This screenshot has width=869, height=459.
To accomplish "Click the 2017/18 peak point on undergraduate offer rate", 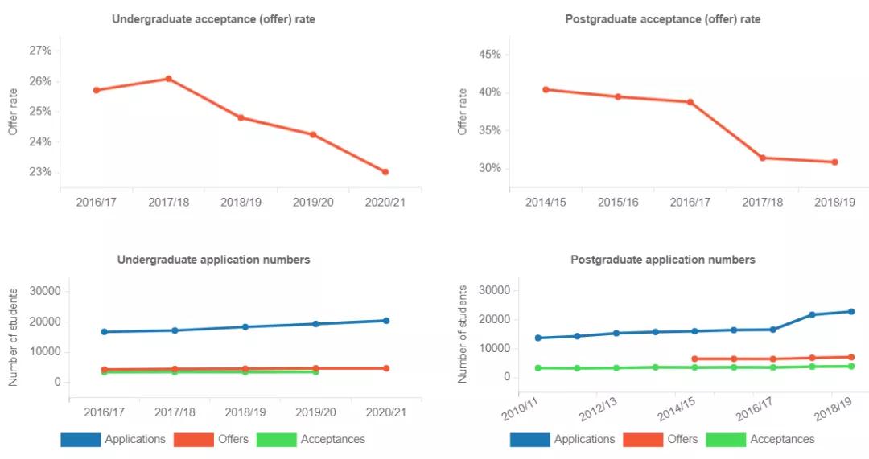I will tap(169, 79).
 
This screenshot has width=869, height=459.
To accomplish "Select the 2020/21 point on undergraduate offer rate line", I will tap(385, 172).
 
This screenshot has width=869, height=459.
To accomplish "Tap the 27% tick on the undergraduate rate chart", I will tap(40, 51).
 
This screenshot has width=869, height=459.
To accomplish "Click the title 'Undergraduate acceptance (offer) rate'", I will tap(213, 18).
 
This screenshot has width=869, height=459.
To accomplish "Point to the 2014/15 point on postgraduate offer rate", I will tap(546, 89).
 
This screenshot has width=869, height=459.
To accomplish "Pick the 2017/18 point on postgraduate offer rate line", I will tap(762, 158).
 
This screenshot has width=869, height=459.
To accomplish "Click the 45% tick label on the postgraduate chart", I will tap(490, 55).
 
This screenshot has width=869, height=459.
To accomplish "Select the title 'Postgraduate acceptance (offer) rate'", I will tap(662, 18).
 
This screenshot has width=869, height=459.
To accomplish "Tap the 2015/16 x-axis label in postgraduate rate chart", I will tap(618, 202).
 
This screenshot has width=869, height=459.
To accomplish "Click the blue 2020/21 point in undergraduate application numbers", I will tap(386, 321).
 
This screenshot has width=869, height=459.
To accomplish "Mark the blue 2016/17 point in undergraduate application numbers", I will tap(104, 331).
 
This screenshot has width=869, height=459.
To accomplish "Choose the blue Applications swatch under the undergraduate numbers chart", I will tap(80, 440).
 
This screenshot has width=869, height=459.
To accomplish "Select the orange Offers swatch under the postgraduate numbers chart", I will tap(643, 440).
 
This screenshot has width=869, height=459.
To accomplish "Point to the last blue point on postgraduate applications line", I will tap(850, 312).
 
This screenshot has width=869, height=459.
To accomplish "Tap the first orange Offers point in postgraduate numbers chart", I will tap(694, 359).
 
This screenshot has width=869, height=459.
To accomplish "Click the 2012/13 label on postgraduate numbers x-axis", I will tap(599, 403).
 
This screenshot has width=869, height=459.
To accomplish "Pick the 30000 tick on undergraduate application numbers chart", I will tap(44, 290).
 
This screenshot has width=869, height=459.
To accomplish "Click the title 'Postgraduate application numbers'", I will tap(662, 260).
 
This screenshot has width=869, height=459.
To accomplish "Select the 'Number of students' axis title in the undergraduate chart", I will tap(14, 336).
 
